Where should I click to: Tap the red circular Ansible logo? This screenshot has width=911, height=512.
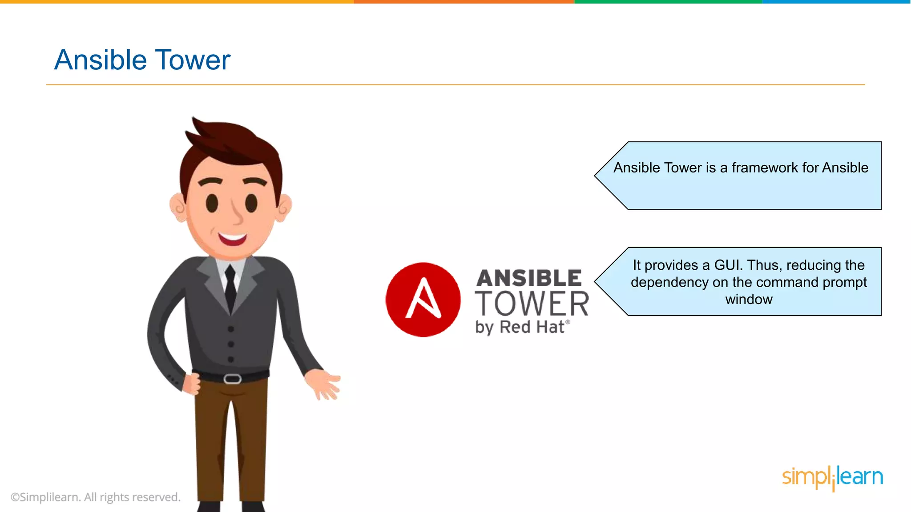tap(423, 300)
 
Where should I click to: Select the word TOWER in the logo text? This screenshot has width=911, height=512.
tap(532, 304)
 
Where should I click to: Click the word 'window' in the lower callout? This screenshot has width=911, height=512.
tap(749, 299)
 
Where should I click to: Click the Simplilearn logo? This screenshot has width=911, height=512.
tap(832, 477)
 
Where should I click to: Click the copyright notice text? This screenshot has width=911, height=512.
tap(96, 497)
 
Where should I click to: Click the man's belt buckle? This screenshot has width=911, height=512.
tap(232, 379)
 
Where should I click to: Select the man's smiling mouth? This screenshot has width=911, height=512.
tap(232, 239)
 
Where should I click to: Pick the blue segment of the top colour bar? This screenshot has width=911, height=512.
tap(836, 2)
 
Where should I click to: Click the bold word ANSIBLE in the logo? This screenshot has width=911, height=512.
tap(529, 278)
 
